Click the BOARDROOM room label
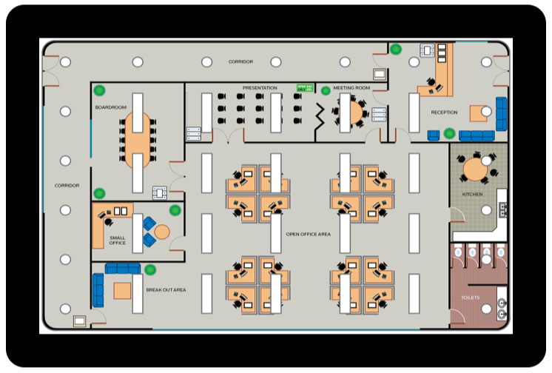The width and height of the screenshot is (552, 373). [x=111, y=107]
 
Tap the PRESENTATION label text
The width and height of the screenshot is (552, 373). [x=260, y=88]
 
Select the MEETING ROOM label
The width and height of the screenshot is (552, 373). [x=351, y=88]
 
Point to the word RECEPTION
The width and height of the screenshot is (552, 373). [x=444, y=112]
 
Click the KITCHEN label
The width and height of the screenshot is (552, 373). [x=472, y=194]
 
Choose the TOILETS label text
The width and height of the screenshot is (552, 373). [x=471, y=298]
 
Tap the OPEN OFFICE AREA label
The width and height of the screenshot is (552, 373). [x=308, y=234]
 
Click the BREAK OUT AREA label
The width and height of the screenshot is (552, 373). [x=166, y=290]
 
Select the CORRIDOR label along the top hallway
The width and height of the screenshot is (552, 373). [x=241, y=61]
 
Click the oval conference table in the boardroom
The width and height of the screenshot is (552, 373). [x=137, y=138]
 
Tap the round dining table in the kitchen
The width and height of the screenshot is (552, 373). [x=474, y=169]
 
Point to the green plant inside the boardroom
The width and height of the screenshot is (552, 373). [x=100, y=92]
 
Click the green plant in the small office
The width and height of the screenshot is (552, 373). [x=175, y=210]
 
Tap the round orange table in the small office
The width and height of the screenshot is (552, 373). [x=162, y=232]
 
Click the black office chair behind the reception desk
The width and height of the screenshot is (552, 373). [x=431, y=82]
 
